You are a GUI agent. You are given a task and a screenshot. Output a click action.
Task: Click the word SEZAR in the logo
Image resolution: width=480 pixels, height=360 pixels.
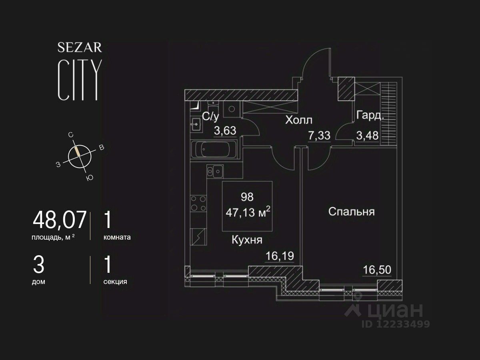[x=80, y=48]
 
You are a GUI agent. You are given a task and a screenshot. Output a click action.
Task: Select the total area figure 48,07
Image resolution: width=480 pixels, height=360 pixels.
[x=60, y=220]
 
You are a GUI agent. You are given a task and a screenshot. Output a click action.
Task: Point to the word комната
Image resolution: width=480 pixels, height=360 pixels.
[x=117, y=237]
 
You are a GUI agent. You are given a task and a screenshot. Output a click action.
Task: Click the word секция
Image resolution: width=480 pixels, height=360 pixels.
[x=115, y=282]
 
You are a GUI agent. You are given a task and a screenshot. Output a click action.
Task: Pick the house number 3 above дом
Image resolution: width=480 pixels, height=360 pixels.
[x=38, y=264]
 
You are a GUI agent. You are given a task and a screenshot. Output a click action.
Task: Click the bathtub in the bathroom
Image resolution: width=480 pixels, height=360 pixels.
[x=214, y=150]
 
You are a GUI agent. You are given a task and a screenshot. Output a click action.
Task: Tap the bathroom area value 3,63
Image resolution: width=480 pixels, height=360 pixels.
[x=225, y=131]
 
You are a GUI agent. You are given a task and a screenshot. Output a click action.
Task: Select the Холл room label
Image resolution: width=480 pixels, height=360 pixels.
[x=298, y=120]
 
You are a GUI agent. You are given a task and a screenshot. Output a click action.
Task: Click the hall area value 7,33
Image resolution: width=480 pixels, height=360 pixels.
[x=319, y=136]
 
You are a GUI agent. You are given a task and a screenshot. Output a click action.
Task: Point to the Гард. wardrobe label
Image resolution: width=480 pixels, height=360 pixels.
[x=370, y=116]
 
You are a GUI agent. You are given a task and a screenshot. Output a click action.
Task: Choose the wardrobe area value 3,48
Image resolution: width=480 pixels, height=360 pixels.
[x=367, y=136]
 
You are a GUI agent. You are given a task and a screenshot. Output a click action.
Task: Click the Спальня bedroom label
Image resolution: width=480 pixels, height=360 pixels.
[x=351, y=212]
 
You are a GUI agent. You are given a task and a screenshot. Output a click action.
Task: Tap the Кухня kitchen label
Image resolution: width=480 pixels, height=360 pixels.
[x=247, y=240]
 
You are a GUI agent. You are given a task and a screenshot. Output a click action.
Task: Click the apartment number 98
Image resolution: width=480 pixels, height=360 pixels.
[x=247, y=197]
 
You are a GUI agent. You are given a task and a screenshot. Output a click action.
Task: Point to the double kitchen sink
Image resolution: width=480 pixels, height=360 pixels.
[x=215, y=171]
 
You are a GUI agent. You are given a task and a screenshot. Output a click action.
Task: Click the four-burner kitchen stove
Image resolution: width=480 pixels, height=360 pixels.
[x=198, y=203]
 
